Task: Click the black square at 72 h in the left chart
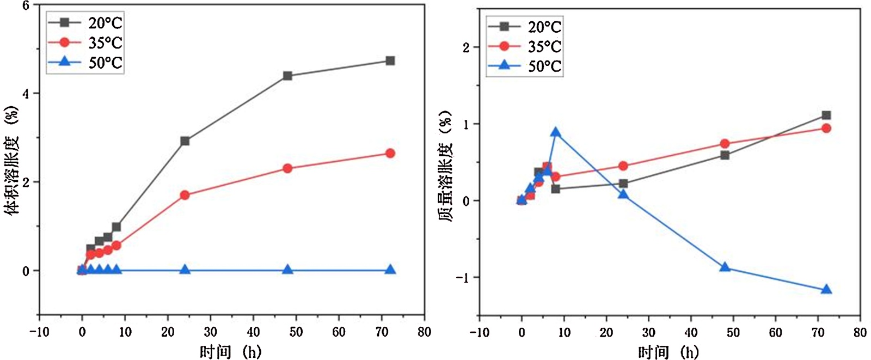(x=390, y=60)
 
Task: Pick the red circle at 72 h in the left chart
(x=390, y=154)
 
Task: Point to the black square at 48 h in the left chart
(x=287, y=76)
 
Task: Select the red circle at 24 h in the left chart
(x=185, y=195)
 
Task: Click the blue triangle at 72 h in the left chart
(x=390, y=270)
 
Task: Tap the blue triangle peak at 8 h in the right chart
(x=555, y=132)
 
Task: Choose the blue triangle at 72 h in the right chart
(x=826, y=289)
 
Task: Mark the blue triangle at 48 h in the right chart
(x=725, y=267)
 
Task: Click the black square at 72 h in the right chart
(x=826, y=115)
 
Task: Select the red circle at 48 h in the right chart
(x=725, y=144)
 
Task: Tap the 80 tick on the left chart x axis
(x=424, y=332)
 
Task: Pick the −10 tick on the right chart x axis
(x=479, y=332)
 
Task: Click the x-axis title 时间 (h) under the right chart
(x=668, y=352)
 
